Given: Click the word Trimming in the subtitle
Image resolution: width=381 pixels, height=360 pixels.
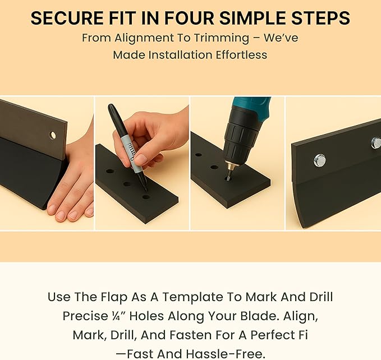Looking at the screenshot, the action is click(221, 38).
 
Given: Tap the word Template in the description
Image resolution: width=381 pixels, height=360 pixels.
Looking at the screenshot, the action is click(194, 297).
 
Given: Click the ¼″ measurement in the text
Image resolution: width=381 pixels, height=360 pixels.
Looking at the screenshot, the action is click(117, 316).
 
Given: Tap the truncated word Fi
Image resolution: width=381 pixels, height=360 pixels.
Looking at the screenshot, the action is click(304, 335).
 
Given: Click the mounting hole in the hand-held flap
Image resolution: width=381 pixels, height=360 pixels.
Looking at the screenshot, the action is click(53, 135).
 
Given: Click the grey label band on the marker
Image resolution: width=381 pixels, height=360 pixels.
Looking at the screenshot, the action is click(130, 154).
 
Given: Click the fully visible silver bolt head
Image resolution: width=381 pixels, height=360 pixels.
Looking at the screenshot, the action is click(319, 161).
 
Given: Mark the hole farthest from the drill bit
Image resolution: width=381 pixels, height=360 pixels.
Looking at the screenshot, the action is click(199, 155).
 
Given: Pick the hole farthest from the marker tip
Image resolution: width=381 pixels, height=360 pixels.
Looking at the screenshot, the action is click(110, 171).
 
